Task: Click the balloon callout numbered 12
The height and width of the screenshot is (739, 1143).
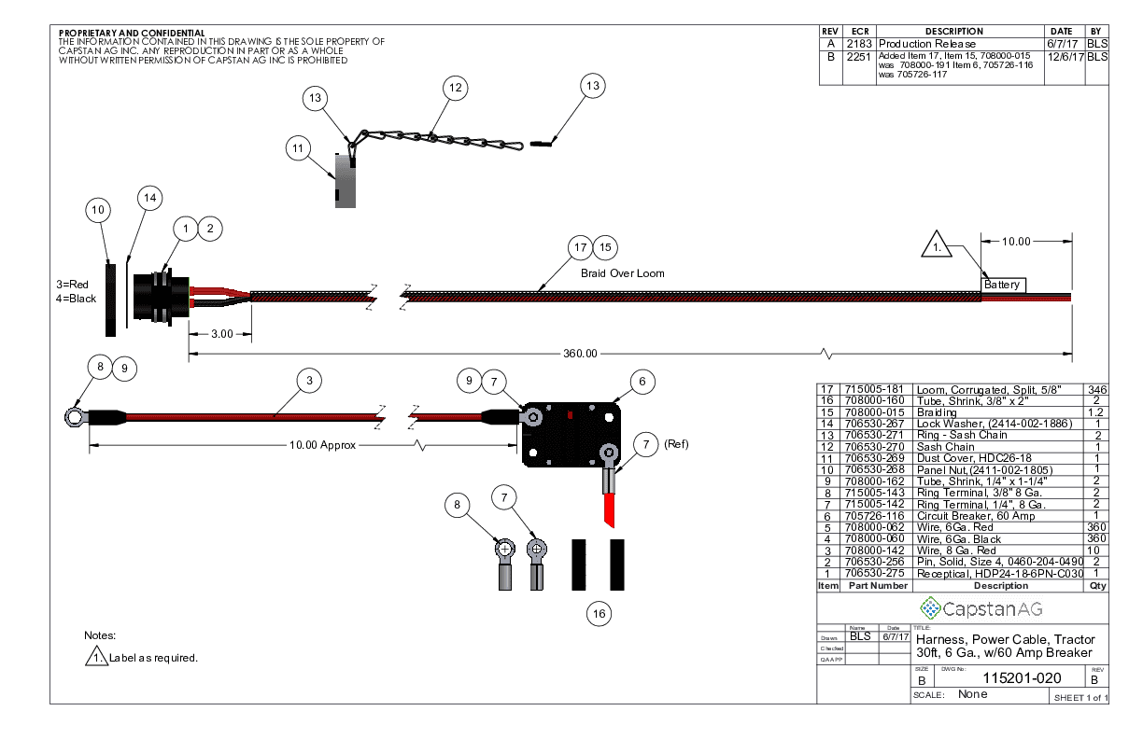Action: click(455, 89)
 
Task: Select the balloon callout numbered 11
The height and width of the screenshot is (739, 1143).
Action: click(299, 147)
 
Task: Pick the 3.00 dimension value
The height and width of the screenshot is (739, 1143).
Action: click(220, 333)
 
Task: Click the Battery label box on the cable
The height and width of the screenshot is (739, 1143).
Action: click(1003, 285)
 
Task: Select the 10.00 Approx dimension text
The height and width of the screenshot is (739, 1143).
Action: click(322, 445)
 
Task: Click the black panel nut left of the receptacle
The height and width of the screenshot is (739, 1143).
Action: click(110, 298)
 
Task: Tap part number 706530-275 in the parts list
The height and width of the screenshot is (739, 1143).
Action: click(875, 573)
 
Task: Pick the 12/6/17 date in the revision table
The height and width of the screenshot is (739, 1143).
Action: click(1065, 57)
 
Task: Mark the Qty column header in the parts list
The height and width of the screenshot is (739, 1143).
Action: click(1096, 586)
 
